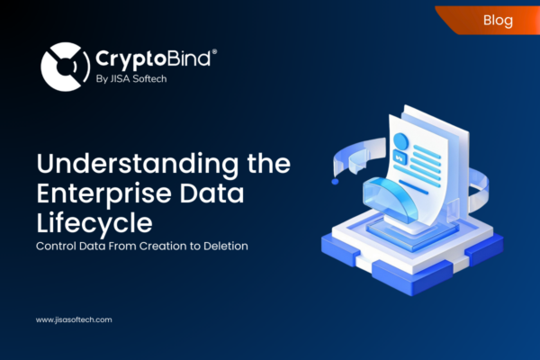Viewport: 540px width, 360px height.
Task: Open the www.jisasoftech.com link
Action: tap(74, 319)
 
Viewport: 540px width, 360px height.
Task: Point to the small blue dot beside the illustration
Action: tap(336, 181)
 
